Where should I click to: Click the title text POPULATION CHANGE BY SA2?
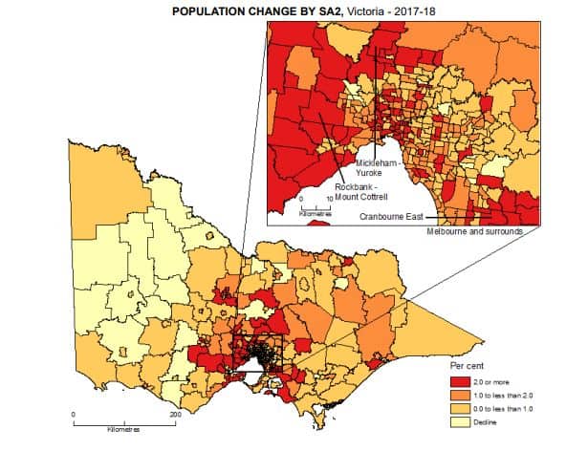coord(257,11)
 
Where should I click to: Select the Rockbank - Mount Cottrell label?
coord(360,191)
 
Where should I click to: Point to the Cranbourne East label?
coord(391,217)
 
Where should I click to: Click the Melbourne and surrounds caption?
coord(475,231)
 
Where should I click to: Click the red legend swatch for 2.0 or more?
coord(460,382)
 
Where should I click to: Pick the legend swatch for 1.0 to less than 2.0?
coord(460,396)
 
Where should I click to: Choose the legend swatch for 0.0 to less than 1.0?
coord(460,409)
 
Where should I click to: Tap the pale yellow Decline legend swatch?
coord(460,422)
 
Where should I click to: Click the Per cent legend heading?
coord(467,366)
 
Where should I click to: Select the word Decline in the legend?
coord(485,422)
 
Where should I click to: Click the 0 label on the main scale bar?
coord(74,415)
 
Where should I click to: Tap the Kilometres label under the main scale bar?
coord(123,430)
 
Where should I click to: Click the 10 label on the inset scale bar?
coord(330,199)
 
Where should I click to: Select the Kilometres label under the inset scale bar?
coord(316,214)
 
